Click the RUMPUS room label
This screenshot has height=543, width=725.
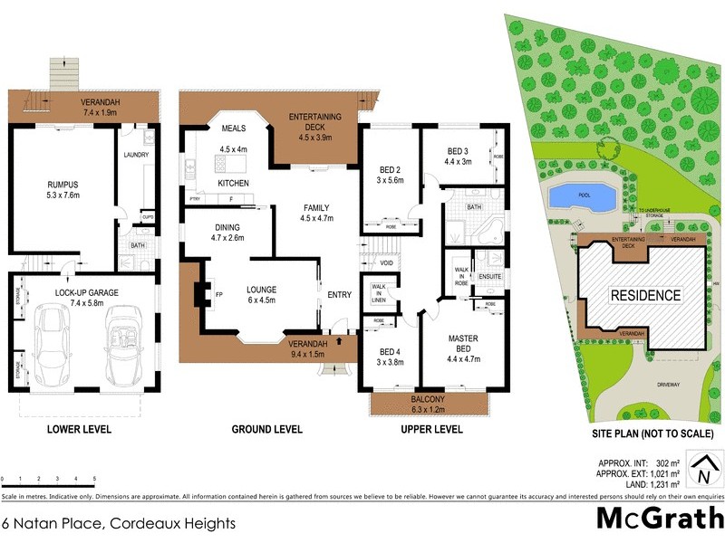point(64,184)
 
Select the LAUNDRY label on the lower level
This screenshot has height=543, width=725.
point(135,155)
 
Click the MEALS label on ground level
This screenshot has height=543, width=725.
point(234,128)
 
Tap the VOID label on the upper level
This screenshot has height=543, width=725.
point(386,263)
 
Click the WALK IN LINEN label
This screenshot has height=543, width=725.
point(379,294)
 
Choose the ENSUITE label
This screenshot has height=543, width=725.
point(489,276)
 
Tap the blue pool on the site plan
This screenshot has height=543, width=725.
point(576,195)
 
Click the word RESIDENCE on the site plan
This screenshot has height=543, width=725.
point(644,295)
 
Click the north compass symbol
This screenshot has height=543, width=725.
point(703,471)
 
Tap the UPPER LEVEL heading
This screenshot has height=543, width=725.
point(431,429)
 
